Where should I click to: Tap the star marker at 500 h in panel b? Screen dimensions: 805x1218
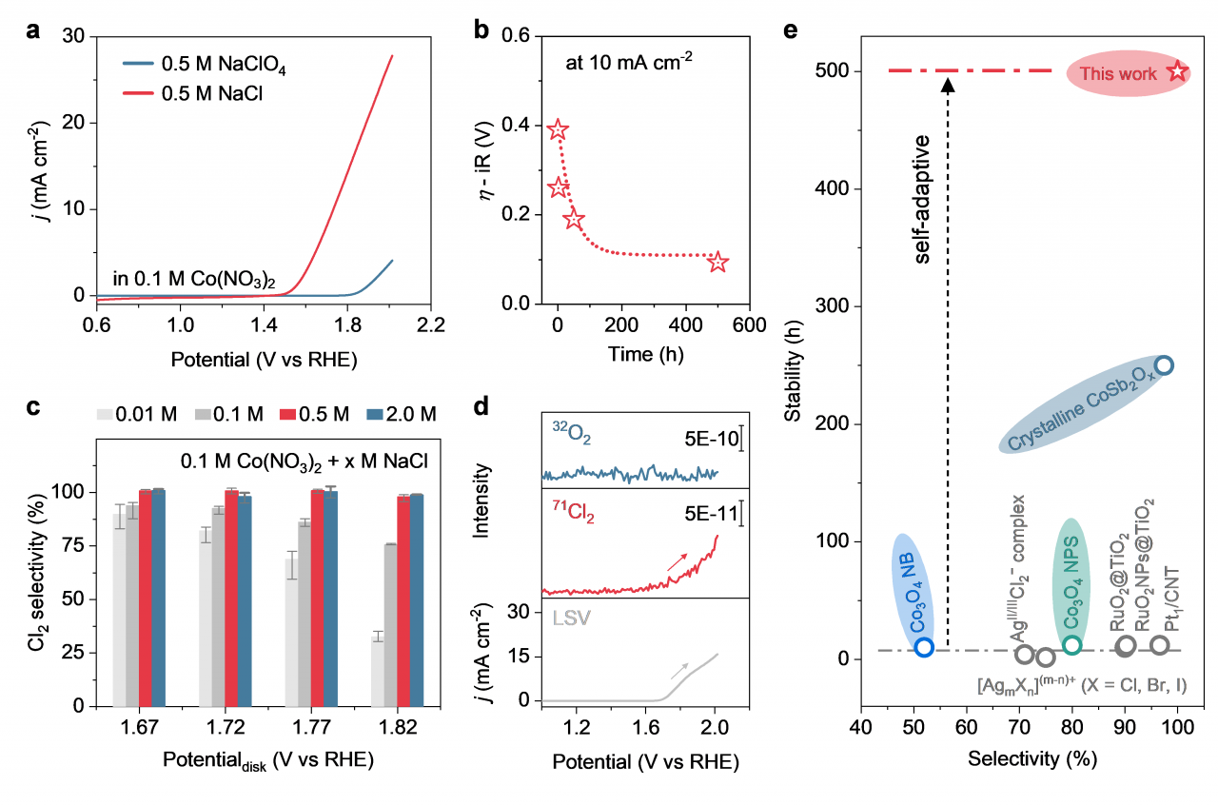717,262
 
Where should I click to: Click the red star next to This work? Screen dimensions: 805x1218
1177,72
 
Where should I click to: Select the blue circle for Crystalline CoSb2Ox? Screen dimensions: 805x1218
1163,365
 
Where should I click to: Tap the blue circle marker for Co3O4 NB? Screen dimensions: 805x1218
924,647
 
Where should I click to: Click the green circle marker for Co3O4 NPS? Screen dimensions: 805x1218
1071,645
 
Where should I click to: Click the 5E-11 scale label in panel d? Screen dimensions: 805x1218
710,514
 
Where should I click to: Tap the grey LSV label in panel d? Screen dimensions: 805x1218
569,619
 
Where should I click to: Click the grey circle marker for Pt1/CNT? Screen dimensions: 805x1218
1159,645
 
